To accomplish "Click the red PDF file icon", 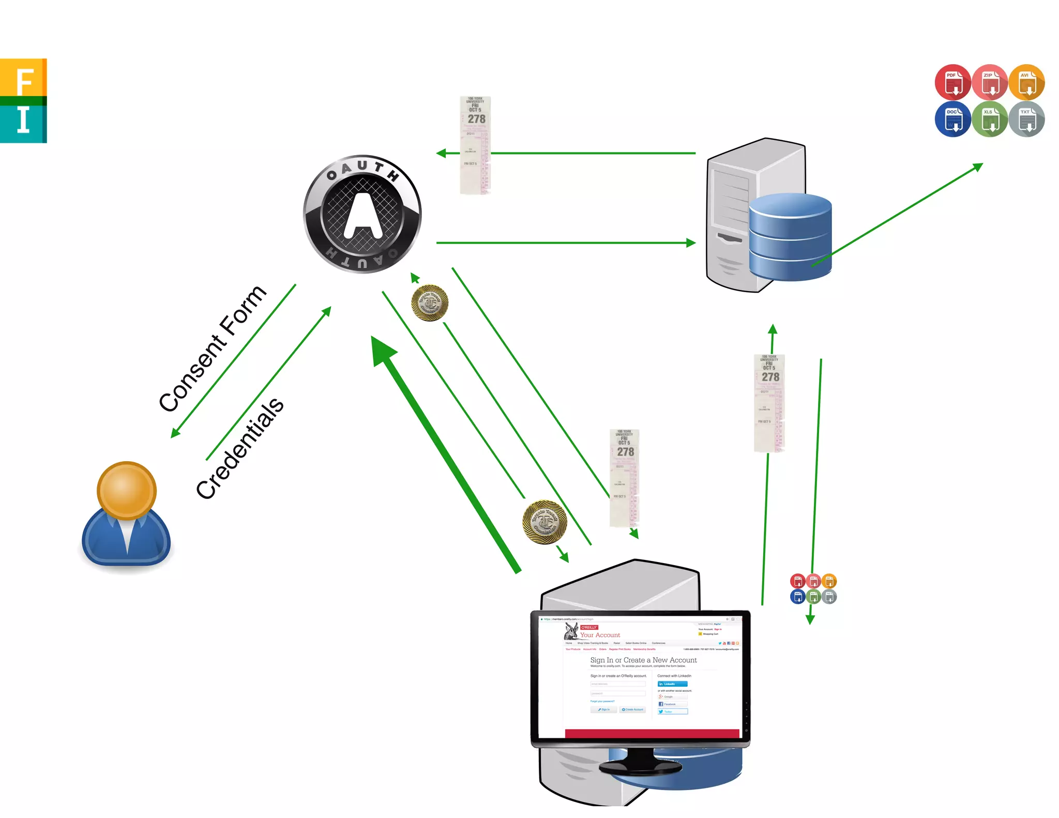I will (952, 82).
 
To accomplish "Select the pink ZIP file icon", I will (990, 82).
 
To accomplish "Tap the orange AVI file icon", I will (1027, 82).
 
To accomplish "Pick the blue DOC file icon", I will (952, 119).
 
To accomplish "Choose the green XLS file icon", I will (990, 119).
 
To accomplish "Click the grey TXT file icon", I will (1027, 119).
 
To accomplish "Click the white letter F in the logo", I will (24, 82).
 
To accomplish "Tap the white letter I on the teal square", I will (23, 120).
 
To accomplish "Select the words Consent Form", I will (213, 349).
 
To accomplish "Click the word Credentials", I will (239, 448).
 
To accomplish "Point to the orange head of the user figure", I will (126, 490).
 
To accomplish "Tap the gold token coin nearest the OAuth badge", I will (430, 303).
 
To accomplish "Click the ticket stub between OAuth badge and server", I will (475, 145).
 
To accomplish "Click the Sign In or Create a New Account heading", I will (643, 660).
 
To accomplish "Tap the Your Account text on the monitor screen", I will (600, 635).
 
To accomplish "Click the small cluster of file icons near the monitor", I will (813, 588).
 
